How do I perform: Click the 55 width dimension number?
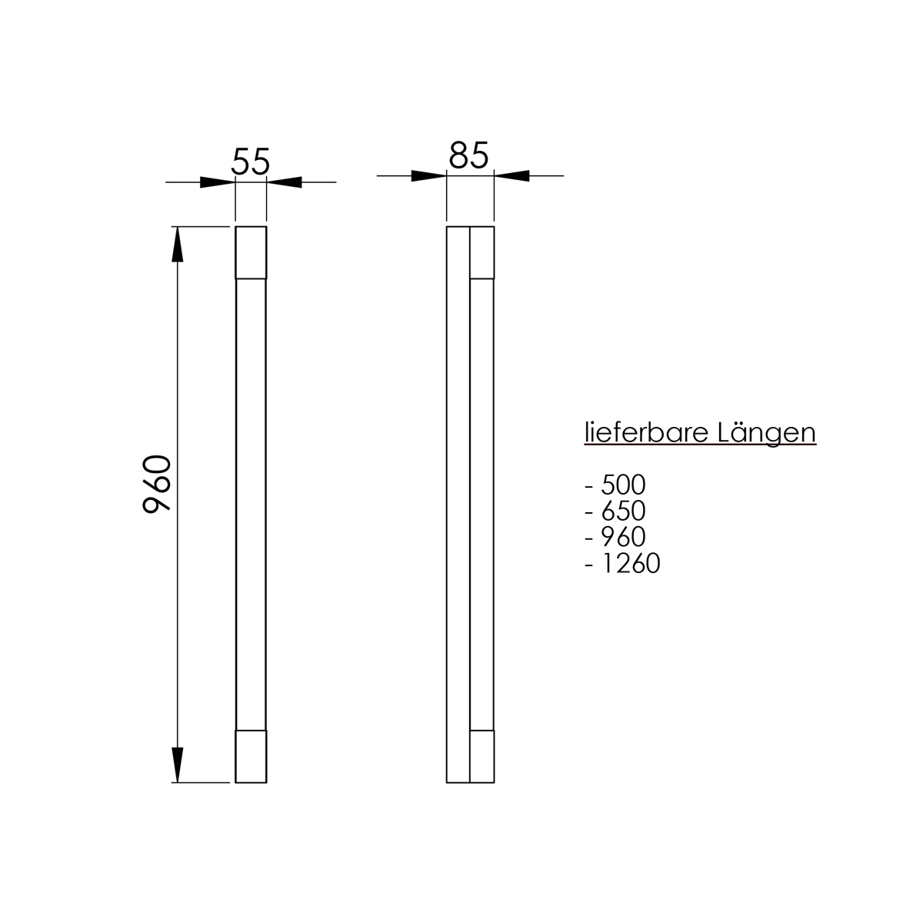251,161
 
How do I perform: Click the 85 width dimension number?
468,155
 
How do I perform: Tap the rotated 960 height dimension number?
157,484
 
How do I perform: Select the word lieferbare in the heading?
646,432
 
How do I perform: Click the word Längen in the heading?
767,432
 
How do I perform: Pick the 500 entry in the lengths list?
623,485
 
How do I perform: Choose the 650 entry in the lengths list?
623,511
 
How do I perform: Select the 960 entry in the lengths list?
623,536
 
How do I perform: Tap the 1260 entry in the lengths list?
631,563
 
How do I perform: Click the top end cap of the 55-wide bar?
251,252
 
